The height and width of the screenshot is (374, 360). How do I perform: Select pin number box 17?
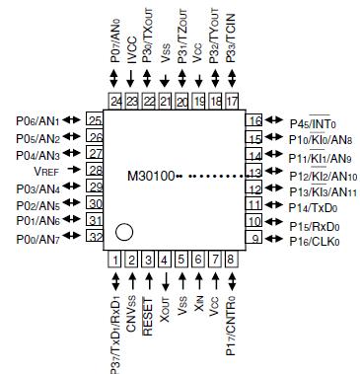click(x=232, y=101)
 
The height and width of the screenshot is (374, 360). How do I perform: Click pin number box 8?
click(x=232, y=260)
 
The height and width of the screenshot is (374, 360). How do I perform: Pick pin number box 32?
click(x=95, y=237)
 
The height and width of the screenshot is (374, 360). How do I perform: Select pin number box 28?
click(x=95, y=170)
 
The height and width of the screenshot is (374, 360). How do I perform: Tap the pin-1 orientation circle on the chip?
click(x=123, y=233)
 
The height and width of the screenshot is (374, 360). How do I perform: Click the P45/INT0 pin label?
click(x=309, y=122)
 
